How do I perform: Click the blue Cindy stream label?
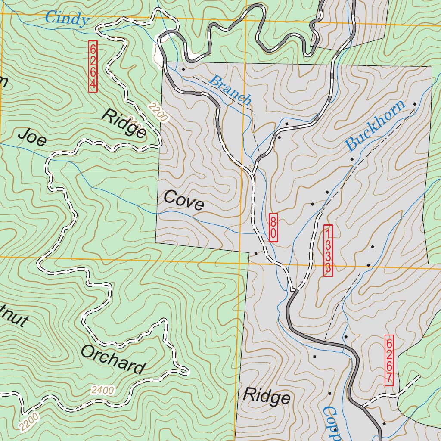click(x=67, y=19)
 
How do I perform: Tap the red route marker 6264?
click(x=93, y=66)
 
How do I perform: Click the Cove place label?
click(x=184, y=200)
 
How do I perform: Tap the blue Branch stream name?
click(x=230, y=90)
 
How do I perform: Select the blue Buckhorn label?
click(x=376, y=125)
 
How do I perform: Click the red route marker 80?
click(x=273, y=227)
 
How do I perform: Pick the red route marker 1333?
click(x=328, y=250)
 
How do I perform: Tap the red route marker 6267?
click(x=389, y=360)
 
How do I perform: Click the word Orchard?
click(x=113, y=359)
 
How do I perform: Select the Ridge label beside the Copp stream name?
click(x=267, y=396)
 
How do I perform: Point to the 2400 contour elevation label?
click(x=103, y=390)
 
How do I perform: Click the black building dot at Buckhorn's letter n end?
click(x=415, y=104)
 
